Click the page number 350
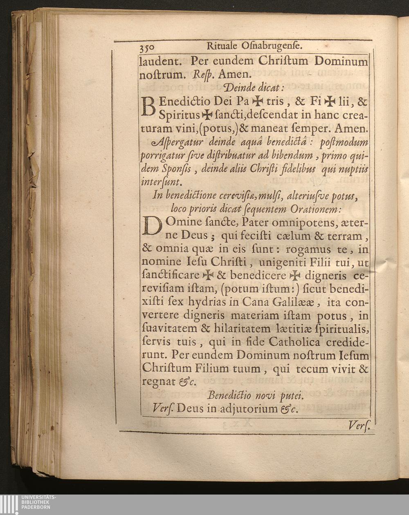[147, 47]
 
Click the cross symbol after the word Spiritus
[207, 115]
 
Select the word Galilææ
[290, 303]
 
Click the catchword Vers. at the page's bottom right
[359, 426]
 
